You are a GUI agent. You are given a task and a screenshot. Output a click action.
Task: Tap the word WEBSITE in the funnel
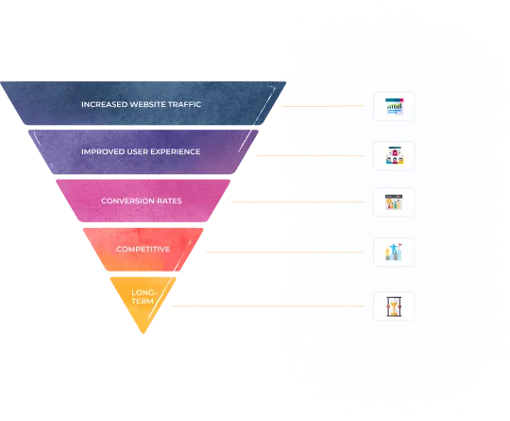151,104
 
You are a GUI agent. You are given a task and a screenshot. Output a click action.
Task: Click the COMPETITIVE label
142,248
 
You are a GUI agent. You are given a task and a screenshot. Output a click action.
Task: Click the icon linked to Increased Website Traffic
394,106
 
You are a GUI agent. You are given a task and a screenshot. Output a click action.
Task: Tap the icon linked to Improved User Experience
394,154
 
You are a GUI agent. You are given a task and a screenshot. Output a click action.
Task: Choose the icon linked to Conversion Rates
394,202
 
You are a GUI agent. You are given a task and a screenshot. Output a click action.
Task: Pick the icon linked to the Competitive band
394,253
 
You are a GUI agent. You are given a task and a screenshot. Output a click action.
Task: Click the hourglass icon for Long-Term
394,306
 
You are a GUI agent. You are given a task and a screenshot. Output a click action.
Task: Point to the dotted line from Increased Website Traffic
326,106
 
